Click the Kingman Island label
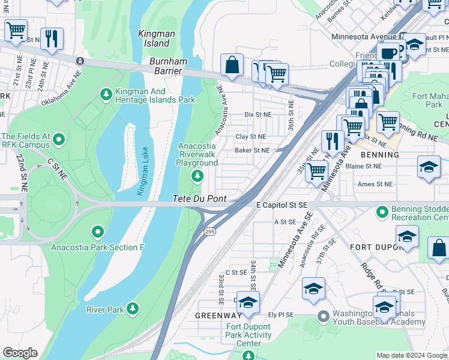154,39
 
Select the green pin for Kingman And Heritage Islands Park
106,94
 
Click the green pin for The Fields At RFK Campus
59,140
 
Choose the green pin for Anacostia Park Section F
97,232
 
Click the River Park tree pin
132,309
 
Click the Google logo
20,353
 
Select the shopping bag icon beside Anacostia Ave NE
232,65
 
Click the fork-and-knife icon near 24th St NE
52,39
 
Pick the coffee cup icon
388,53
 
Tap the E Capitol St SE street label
282,205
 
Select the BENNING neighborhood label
381,155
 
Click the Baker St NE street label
252,150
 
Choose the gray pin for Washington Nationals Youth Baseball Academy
324,315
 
